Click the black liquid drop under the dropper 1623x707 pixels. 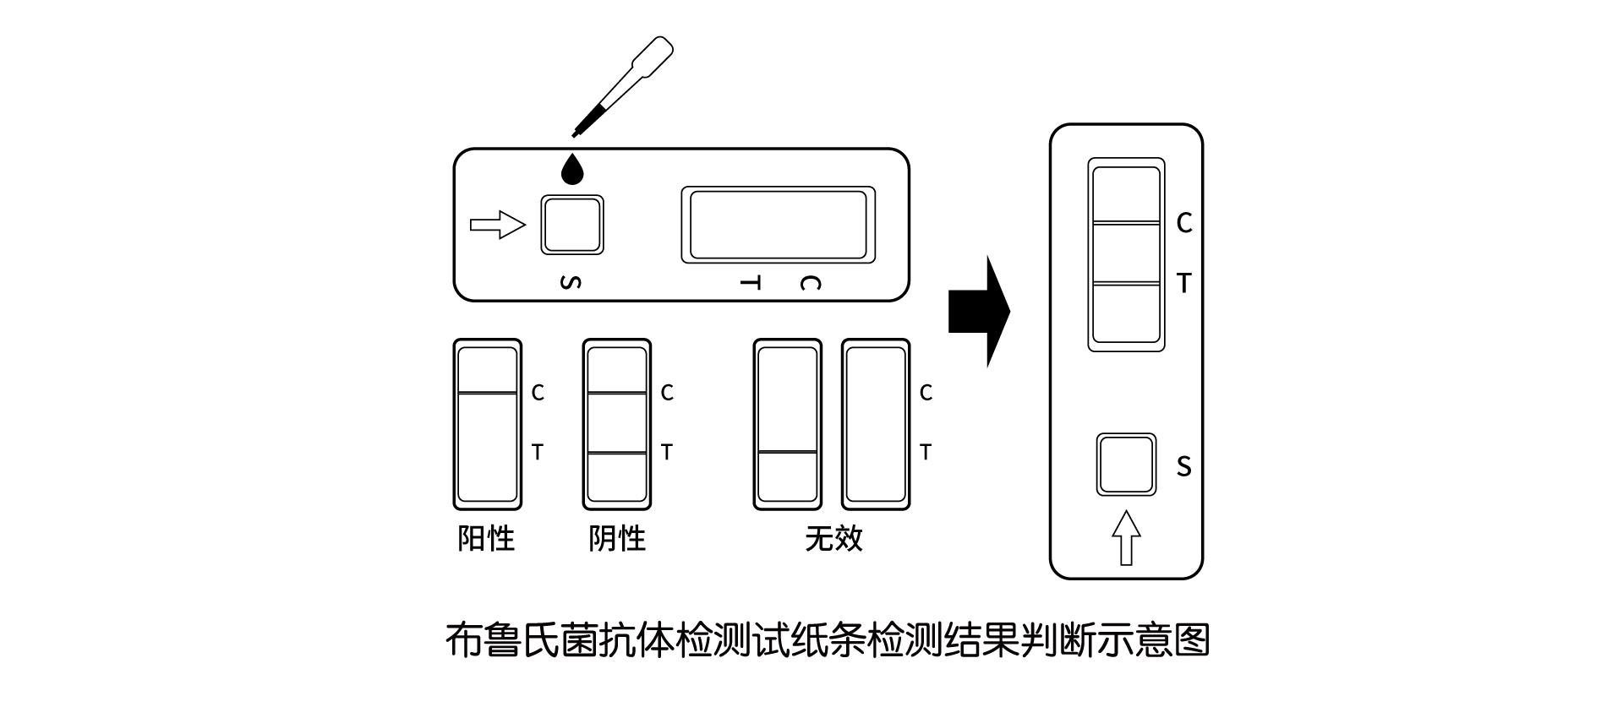tap(573, 170)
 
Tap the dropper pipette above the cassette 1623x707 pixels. tap(626, 84)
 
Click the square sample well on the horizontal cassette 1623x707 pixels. tap(572, 225)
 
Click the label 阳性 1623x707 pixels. tap(486, 538)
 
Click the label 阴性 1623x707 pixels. tap(617, 538)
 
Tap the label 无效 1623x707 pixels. tap(833, 538)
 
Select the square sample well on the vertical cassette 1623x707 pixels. tap(1126, 465)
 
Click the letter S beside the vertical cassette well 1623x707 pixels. tap(1183, 466)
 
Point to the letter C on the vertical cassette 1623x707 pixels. tap(1184, 223)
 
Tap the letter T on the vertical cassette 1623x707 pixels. tap(1184, 284)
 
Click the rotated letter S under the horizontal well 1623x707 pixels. tap(571, 282)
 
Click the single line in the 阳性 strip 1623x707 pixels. tap(487, 393)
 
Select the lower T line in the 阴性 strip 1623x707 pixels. tap(617, 454)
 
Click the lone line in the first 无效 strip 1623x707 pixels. tap(787, 452)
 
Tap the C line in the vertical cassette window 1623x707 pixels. tap(1126, 223)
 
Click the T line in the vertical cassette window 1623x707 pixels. tap(1126, 284)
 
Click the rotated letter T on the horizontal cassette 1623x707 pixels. tap(750, 282)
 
